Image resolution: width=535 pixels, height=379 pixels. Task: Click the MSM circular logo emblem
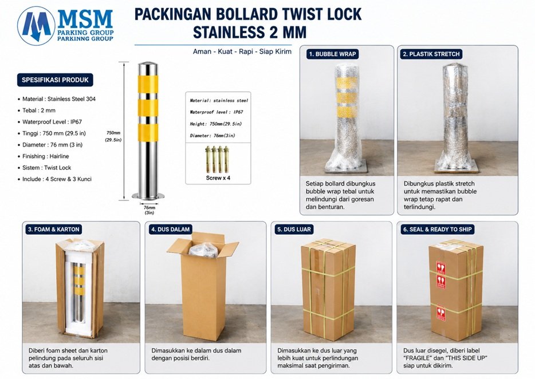point(36,26)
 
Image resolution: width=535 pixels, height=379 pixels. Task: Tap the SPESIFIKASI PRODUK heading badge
point(55,80)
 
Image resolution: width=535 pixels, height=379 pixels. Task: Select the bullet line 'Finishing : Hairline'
point(46,156)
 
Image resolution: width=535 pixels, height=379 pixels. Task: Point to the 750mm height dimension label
point(113,136)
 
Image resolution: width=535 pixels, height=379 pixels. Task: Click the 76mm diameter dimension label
point(149,210)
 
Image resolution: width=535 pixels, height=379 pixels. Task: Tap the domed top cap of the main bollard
point(148,65)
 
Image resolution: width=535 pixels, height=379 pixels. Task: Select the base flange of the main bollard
point(148,196)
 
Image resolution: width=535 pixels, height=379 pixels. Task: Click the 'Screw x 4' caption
point(218,177)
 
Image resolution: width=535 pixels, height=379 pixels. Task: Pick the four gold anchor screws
point(217,159)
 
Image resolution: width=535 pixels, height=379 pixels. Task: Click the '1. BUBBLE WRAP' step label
point(332,54)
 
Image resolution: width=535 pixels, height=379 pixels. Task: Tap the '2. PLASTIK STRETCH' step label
point(431,54)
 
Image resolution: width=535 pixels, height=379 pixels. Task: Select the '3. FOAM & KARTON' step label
point(54,229)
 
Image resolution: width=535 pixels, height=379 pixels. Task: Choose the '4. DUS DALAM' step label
point(170,229)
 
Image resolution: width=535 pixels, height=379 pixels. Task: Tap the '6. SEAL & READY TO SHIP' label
point(438,229)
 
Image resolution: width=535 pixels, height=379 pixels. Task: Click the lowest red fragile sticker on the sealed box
point(441,313)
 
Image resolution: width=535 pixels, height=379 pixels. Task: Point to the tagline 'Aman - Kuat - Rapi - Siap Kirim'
point(242,52)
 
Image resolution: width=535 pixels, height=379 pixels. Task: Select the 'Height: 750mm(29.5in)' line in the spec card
point(215,124)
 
